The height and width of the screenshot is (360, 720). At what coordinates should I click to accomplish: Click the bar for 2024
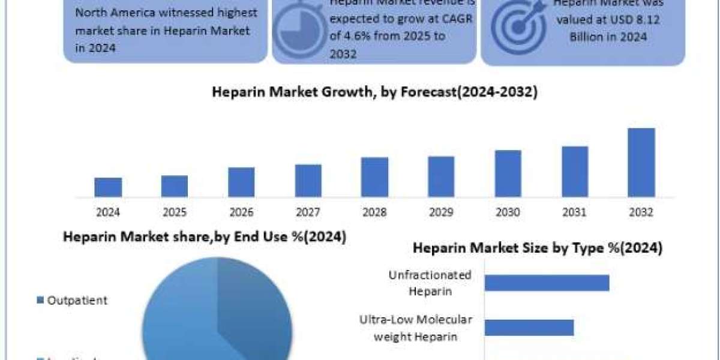tap(108, 187)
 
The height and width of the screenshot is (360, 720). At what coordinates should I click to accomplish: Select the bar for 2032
tap(641, 163)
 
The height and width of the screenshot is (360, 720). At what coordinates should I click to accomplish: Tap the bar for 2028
tap(374, 177)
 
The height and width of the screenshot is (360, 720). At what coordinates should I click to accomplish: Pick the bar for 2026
tap(241, 182)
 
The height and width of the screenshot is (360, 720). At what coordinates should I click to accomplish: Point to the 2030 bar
tap(508, 173)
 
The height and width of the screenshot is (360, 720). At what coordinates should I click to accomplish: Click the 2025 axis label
tap(175, 212)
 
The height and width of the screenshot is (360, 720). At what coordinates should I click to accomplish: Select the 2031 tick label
tap(574, 212)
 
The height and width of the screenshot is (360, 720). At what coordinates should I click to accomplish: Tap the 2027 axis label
tap(308, 212)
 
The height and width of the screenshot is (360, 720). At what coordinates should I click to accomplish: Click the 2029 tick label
tap(441, 212)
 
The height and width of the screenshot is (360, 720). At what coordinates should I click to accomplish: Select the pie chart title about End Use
tap(205, 237)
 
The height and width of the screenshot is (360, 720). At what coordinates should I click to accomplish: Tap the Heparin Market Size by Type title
tap(538, 248)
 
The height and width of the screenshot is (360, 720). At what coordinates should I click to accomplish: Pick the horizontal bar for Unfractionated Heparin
tap(547, 283)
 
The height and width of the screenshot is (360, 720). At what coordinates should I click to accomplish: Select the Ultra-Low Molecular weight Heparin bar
tap(529, 328)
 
